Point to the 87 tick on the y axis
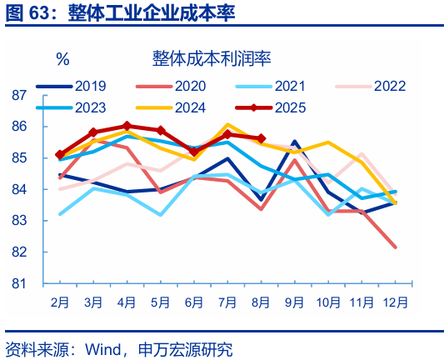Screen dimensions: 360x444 [21, 96]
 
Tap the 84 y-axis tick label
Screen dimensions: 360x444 [21, 190]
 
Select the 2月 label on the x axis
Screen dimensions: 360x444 [60, 302]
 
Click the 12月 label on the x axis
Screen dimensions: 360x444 [394, 302]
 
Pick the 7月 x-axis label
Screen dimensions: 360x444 [227, 302]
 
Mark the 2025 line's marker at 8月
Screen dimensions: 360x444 [262, 139]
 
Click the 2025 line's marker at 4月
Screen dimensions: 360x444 [127, 126]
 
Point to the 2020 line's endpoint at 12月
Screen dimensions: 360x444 [395, 247]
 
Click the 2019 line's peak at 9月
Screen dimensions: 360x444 [295, 142]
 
